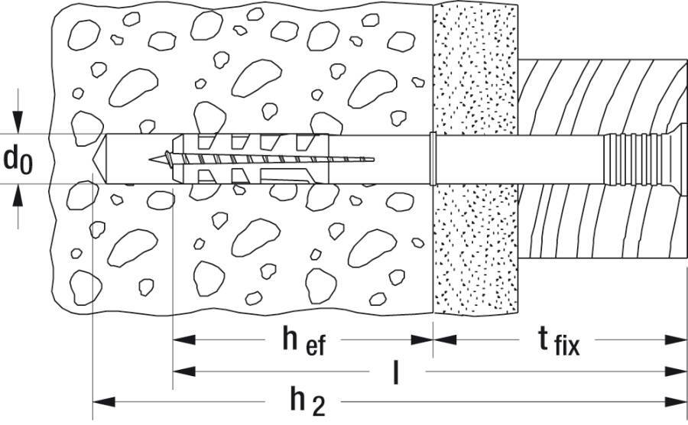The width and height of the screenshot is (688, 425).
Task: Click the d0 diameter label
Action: tap(18, 159)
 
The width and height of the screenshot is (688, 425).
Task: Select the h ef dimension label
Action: tap(303, 341)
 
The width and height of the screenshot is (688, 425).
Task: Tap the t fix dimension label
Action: tap(556, 341)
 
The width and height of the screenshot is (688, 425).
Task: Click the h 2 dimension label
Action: tap(307, 401)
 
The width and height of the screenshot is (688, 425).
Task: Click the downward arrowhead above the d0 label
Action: tap(18, 125)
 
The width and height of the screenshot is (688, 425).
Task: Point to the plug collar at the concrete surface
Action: tap(433, 159)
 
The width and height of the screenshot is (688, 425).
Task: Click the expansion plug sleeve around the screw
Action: tap(245, 159)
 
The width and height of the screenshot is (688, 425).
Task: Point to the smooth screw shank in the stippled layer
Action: tap(478, 159)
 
